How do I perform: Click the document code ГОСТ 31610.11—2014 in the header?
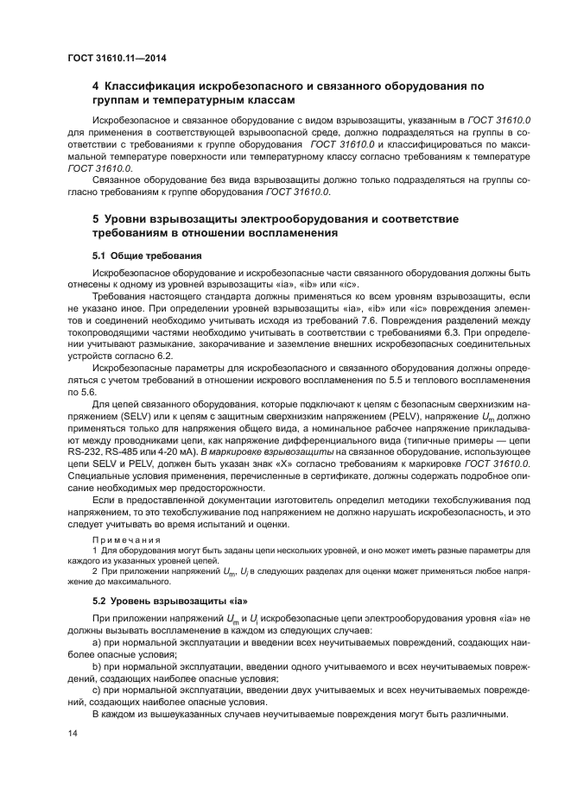click(x=117, y=58)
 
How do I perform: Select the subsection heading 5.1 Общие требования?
click(x=147, y=255)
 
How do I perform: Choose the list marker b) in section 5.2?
click(x=97, y=667)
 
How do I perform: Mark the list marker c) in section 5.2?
click(x=97, y=691)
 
